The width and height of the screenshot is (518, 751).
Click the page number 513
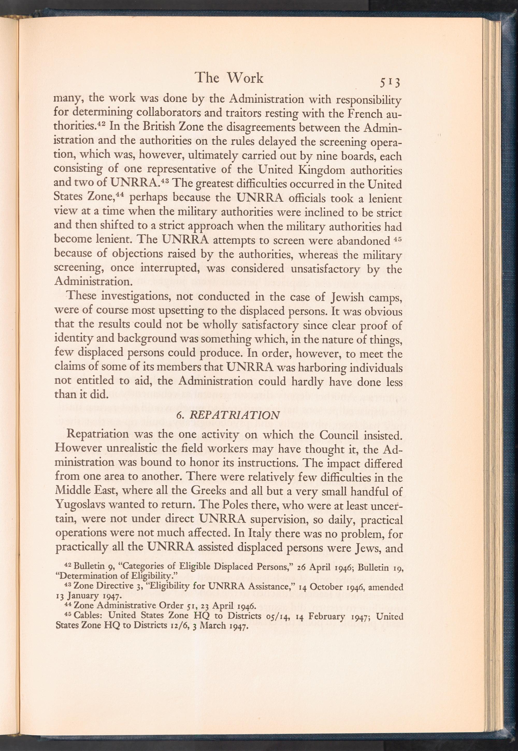(x=391, y=83)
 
